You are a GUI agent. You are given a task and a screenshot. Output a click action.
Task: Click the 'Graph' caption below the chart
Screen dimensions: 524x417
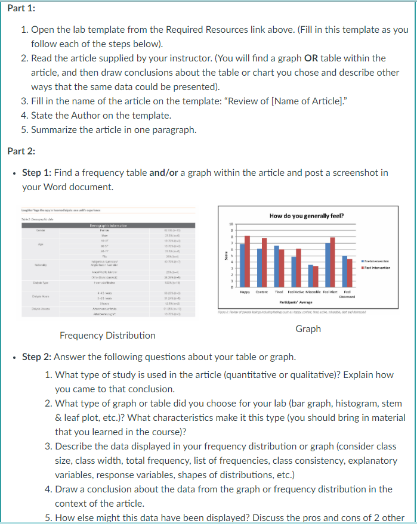coord(308,328)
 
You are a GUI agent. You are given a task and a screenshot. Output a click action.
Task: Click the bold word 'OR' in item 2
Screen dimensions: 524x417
coord(312,58)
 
